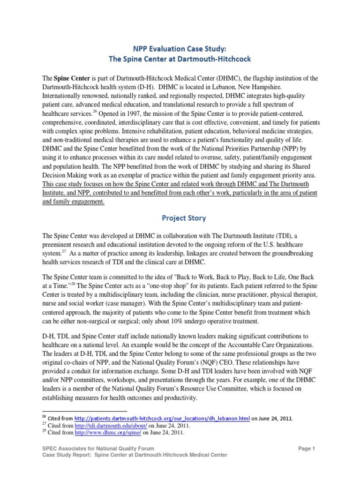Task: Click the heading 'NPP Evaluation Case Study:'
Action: [x=180, y=47]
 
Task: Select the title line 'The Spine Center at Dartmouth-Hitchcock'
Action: [x=180, y=59]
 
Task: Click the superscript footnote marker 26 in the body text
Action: [x=93, y=112]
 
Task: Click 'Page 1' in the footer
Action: [x=307, y=449]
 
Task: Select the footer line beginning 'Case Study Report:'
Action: [x=128, y=455]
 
